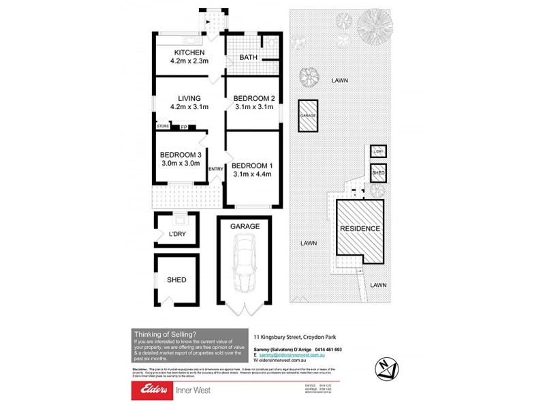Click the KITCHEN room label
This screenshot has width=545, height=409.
[x=189, y=52]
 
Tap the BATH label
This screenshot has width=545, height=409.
[x=248, y=57]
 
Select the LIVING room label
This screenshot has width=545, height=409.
[x=189, y=98]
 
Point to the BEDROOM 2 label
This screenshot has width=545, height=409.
[x=252, y=98]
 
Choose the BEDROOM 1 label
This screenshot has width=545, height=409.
[x=252, y=165]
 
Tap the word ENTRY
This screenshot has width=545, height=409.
[x=216, y=169]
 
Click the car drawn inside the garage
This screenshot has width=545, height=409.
[x=244, y=262]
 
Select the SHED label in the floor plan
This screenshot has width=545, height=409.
[x=176, y=279]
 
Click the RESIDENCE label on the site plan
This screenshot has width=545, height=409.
[x=360, y=228]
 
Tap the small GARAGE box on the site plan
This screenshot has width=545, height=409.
[x=308, y=116]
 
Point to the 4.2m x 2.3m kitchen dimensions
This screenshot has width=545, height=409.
[x=189, y=61]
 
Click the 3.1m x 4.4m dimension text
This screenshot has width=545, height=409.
[x=252, y=174]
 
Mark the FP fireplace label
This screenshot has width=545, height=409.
[x=183, y=127]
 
